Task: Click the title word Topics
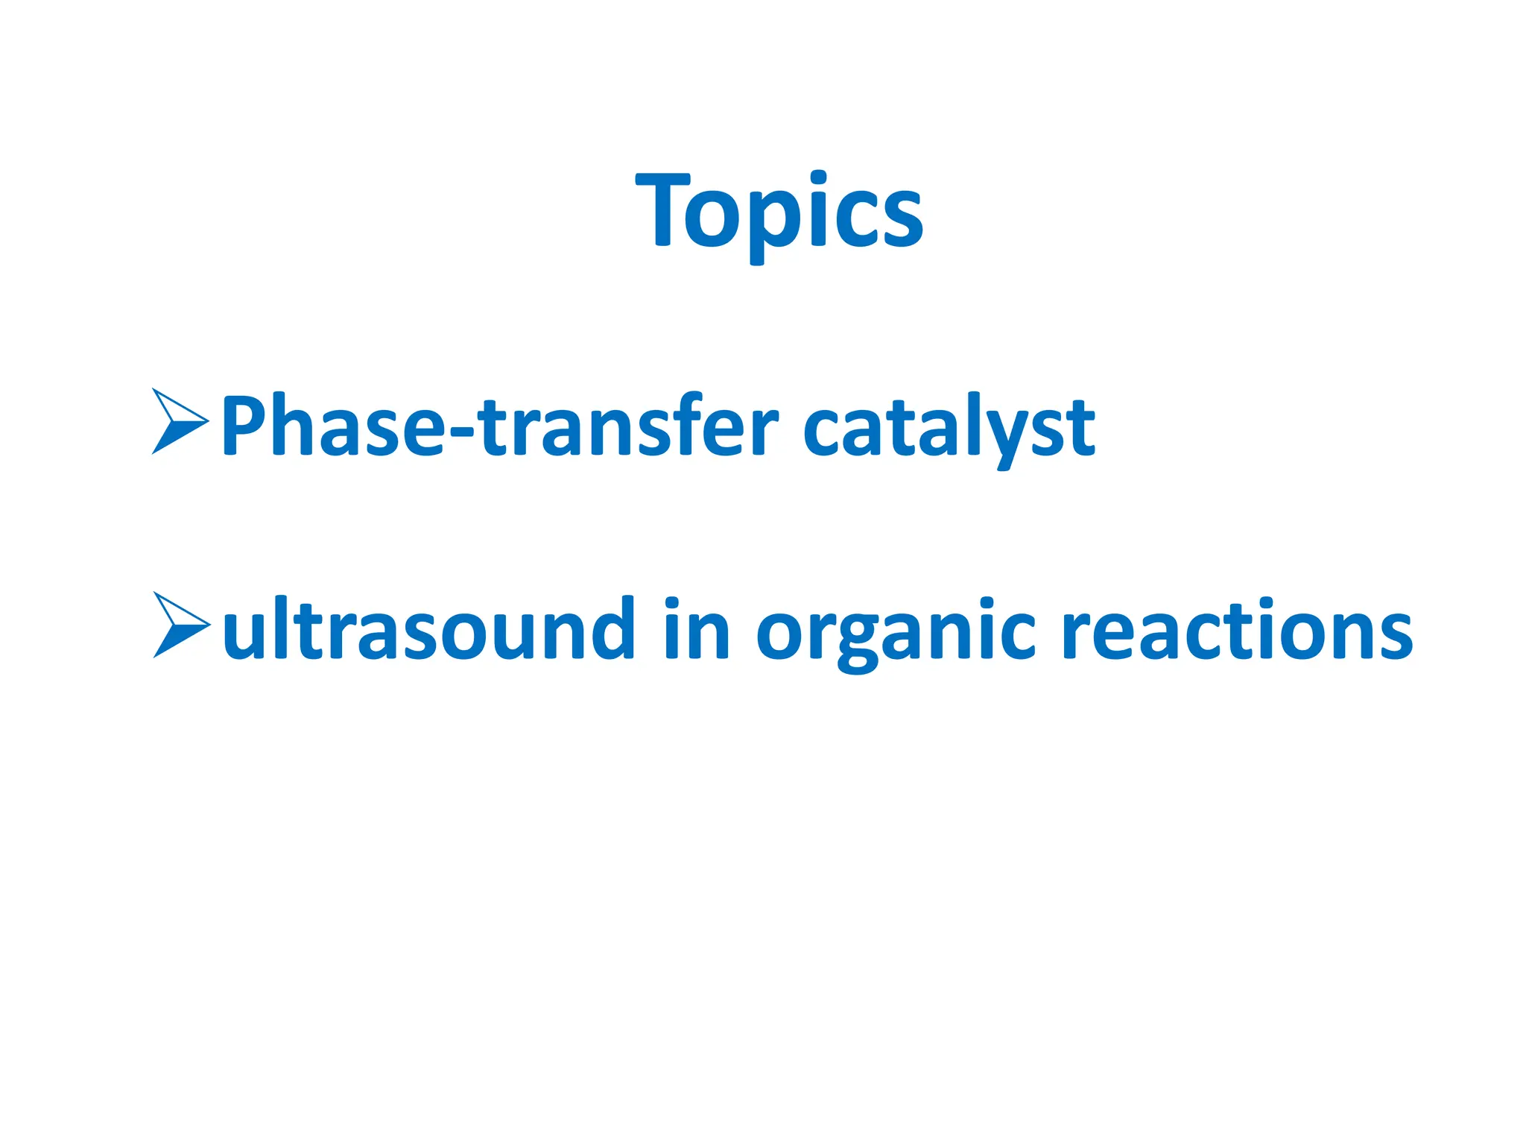click(x=779, y=211)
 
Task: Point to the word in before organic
click(x=697, y=631)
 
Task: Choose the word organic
click(x=895, y=634)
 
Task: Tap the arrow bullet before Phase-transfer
click(x=179, y=421)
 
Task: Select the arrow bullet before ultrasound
click(x=180, y=625)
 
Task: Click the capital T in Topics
click(x=662, y=210)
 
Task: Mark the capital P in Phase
click(x=246, y=425)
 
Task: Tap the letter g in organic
click(x=858, y=640)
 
